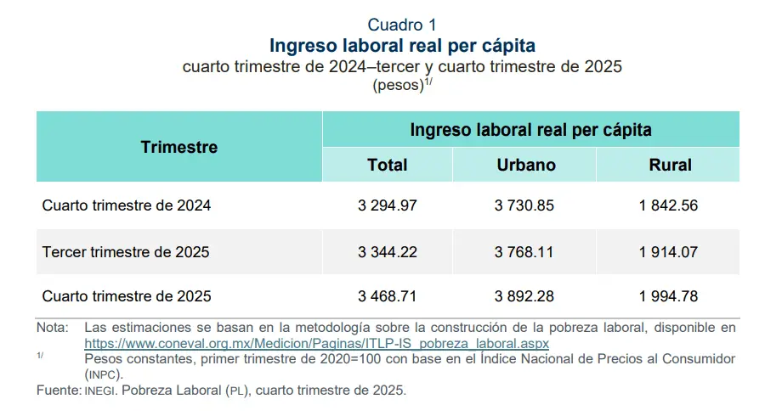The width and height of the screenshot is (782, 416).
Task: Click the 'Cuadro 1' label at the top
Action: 402,25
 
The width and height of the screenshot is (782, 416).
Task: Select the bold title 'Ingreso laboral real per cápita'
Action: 402,45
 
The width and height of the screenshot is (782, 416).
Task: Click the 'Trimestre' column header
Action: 179,147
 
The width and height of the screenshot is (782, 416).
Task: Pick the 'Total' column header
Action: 388,166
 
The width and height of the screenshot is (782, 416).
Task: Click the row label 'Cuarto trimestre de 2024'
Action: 127,205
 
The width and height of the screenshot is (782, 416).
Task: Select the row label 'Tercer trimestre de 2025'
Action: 126,252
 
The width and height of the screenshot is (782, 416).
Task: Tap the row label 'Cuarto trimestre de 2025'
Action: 127,297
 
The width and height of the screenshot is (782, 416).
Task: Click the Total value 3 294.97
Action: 388,205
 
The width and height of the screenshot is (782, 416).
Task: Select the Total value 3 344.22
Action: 388,252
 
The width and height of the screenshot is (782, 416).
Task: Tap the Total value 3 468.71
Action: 388,297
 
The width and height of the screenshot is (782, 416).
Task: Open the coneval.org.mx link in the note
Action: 316,344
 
